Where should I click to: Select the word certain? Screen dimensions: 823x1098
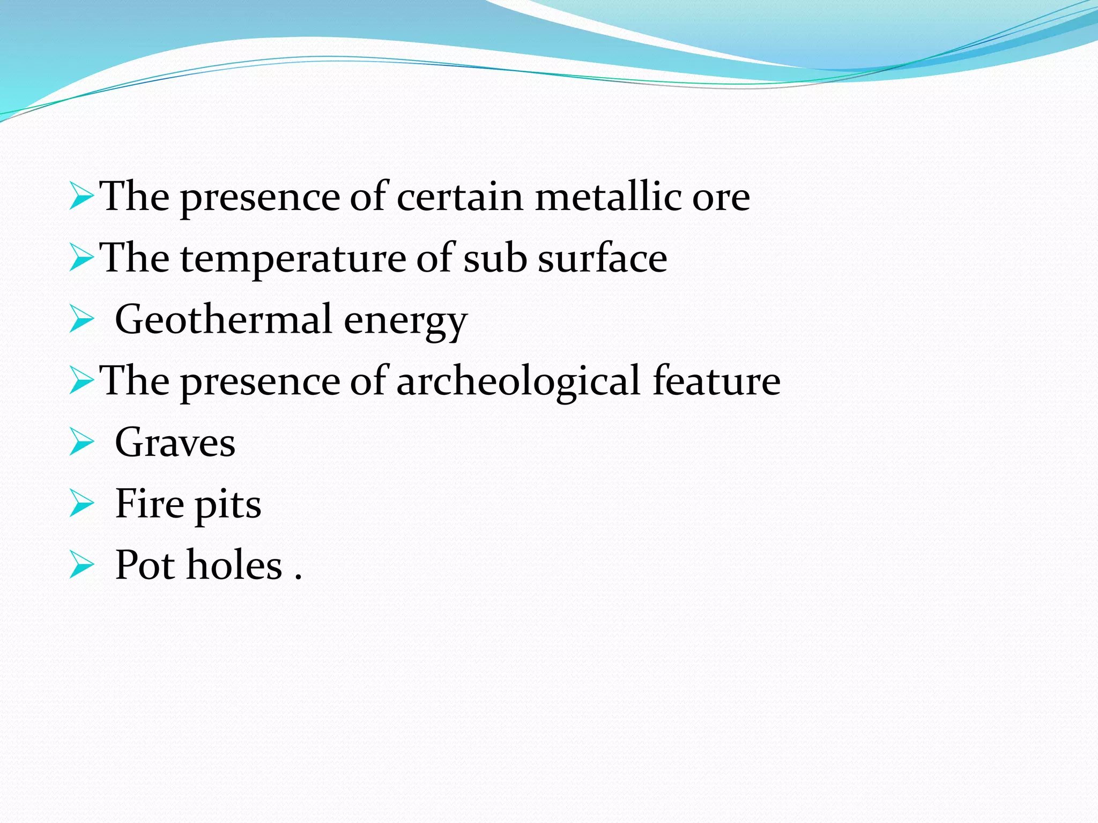459,197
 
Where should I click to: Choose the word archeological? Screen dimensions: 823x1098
518,381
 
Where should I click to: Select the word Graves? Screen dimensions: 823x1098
175,443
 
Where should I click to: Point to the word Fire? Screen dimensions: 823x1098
150,504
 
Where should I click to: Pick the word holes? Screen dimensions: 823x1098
234,565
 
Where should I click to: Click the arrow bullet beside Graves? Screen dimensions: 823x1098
81,443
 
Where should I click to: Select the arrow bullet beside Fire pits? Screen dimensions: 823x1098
81,504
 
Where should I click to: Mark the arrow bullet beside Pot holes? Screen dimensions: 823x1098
81,566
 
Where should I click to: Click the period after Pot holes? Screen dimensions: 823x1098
299,577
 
